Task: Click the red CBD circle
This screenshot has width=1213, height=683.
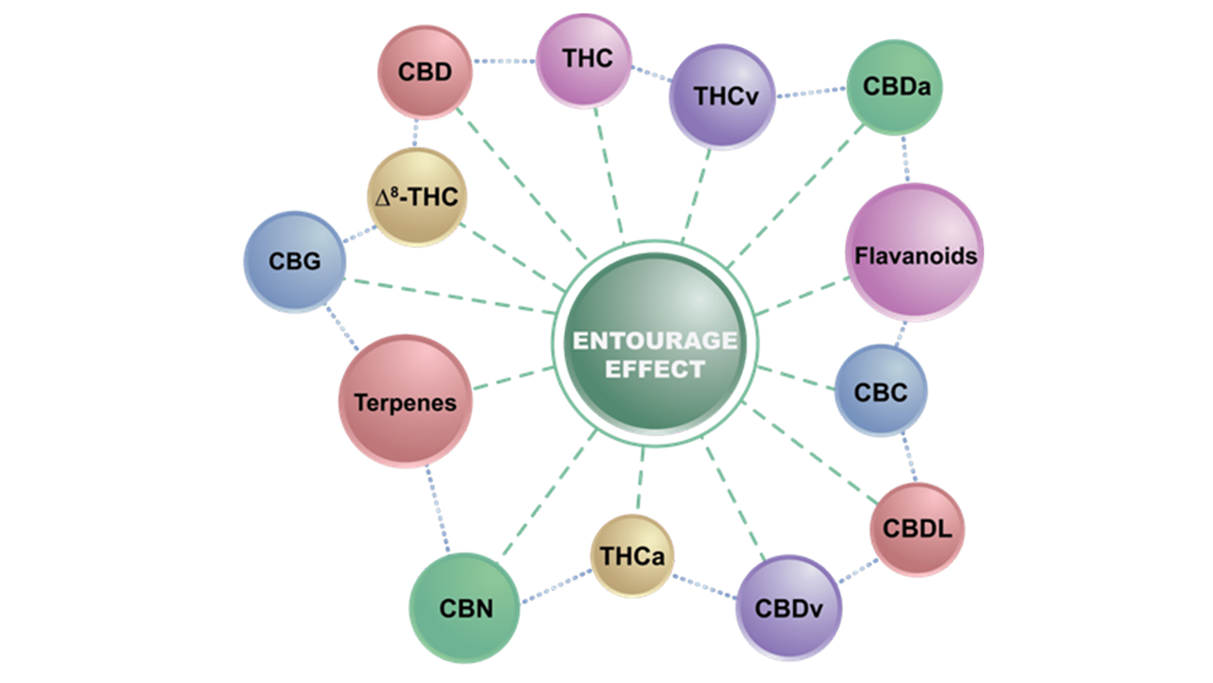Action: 425,71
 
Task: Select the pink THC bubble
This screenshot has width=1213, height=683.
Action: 584,59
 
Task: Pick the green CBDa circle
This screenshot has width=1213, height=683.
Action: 894,87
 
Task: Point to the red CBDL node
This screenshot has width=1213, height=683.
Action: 917,529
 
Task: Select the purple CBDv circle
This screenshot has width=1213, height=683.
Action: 788,607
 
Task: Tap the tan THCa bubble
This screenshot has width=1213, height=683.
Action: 632,556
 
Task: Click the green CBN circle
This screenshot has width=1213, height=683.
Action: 464,608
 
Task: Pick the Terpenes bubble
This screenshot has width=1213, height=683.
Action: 405,402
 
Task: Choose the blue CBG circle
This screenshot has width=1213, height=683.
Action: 294,261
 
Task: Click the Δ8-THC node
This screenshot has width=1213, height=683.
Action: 416,197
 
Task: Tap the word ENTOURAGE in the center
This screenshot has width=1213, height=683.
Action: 655,341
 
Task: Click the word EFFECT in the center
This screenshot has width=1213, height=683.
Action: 655,369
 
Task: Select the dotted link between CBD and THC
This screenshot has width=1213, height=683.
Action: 504,61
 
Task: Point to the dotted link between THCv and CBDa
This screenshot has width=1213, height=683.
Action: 811,92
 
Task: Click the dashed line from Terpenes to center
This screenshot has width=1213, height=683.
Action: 513,378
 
